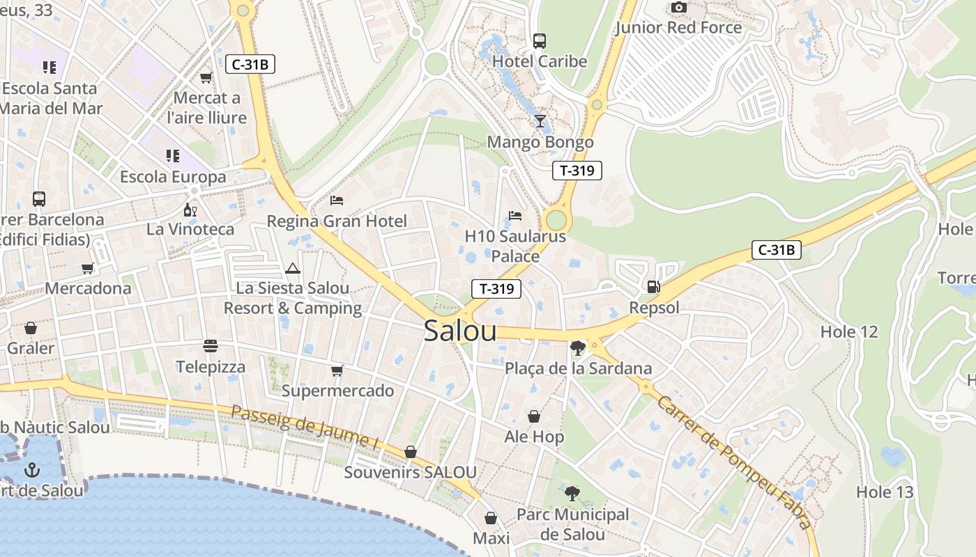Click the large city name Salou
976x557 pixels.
point(460,331)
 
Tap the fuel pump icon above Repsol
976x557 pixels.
point(654,286)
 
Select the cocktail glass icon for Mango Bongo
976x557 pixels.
point(540,121)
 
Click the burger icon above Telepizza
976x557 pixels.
point(211,345)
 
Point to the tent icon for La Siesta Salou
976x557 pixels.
point(293,268)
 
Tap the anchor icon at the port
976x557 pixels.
point(31,470)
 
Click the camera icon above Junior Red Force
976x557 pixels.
point(678,8)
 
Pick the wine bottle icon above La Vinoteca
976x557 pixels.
point(190,209)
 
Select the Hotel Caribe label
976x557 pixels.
point(540,61)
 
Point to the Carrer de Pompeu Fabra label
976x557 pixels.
point(735,463)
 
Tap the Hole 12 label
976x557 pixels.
point(849,331)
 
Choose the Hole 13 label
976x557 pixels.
point(884,492)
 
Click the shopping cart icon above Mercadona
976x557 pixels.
point(88,268)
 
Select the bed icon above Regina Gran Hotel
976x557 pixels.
point(337,201)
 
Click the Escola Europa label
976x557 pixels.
point(173,177)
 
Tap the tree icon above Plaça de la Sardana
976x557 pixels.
point(577,347)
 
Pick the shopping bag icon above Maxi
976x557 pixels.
point(491,518)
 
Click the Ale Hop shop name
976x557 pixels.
point(534,437)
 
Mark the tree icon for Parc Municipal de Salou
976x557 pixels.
point(572,494)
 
